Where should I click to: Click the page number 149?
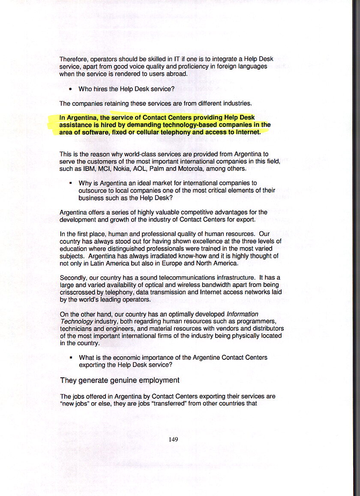[x=173, y=439]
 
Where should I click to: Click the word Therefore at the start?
[x=73, y=59]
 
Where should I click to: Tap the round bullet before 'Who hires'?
[x=70, y=90]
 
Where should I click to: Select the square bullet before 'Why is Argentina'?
[x=70, y=183]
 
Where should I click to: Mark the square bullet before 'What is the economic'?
[x=70, y=358]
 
